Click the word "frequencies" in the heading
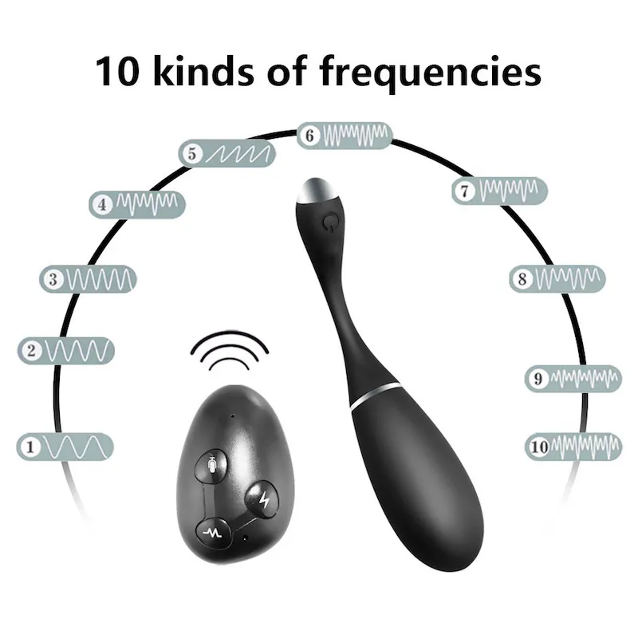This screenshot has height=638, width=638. pyautogui.click(x=431, y=72)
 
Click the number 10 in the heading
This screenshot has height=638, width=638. pyautogui.click(x=117, y=72)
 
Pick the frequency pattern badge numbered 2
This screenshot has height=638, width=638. pyautogui.click(x=67, y=350)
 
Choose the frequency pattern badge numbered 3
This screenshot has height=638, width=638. pyautogui.click(x=89, y=279)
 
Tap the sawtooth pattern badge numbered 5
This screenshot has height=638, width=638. pyautogui.click(x=227, y=153)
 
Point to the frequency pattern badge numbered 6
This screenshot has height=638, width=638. pyautogui.click(x=345, y=136)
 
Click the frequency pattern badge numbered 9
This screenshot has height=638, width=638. pyautogui.click(x=573, y=378)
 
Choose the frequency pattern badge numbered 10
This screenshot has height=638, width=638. pyautogui.click(x=573, y=447)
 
